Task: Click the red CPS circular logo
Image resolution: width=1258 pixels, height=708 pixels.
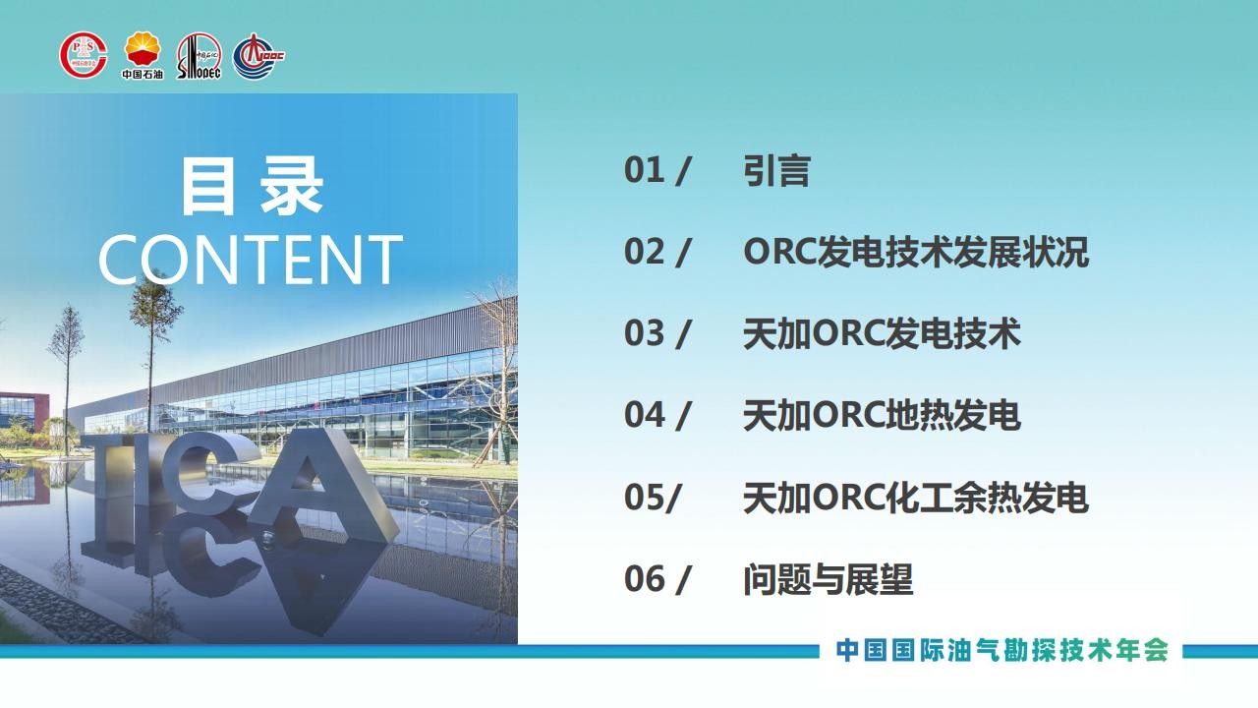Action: tap(84, 54)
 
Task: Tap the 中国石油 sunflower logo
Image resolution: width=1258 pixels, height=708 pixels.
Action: tap(143, 55)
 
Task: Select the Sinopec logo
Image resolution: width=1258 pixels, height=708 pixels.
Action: tap(199, 56)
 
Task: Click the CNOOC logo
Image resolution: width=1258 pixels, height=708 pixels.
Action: tap(258, 56)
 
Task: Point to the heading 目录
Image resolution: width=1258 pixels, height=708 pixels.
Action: tap(253, 187)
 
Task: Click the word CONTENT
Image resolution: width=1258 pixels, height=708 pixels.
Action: tap(251, 260)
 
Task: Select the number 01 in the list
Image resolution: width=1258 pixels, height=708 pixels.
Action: tap(644, 169)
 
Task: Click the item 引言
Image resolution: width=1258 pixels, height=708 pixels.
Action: tap(776, 170)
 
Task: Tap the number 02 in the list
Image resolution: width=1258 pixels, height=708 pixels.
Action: tap(644, 251)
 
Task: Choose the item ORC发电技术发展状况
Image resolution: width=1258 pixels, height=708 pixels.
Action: tap(916, 252)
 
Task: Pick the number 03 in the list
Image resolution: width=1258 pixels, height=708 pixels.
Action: tap(644, 333)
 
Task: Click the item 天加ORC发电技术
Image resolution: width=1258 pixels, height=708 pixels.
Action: tap(882, 333)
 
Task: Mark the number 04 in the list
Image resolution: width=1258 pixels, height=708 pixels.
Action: tap(644, 415)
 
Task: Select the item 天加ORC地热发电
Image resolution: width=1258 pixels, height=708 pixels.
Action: tap(882, 416)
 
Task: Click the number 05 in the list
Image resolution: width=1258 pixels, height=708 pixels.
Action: tap(644, 498)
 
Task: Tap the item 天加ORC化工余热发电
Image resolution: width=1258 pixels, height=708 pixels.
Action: tap(916, 498)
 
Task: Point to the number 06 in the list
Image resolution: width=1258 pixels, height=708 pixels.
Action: tap(644, 579)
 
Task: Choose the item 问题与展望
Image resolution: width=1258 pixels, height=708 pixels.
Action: tap(829, 580)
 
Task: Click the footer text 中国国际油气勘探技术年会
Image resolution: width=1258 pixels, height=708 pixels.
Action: tap(1002, 651)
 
